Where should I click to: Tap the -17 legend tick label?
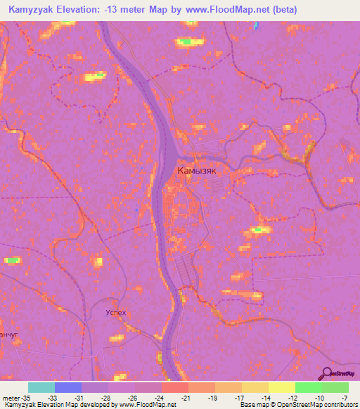point(240,398)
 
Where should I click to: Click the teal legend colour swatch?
point(41,387)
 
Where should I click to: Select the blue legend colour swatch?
point(68,387)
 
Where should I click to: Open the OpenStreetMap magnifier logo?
point(328,374)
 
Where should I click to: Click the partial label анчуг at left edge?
point(7,335)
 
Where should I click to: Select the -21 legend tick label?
point(186,398)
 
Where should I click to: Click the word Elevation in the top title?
point(82,10)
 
